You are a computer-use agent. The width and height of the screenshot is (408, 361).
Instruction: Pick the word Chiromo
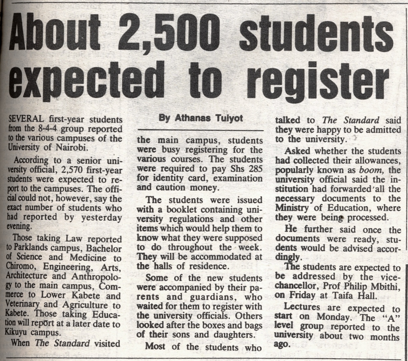19,266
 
